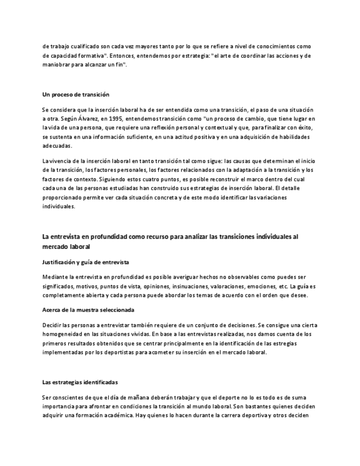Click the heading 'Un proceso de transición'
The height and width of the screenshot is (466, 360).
point(76,95)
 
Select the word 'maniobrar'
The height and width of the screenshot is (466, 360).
point(57,65)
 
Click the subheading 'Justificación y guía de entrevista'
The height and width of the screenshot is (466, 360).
point(86,262)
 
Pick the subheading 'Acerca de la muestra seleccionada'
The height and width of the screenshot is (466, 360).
point(88,310)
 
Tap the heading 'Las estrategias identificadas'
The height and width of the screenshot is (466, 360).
point(80,382)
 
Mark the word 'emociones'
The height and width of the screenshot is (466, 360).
point(259,286)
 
